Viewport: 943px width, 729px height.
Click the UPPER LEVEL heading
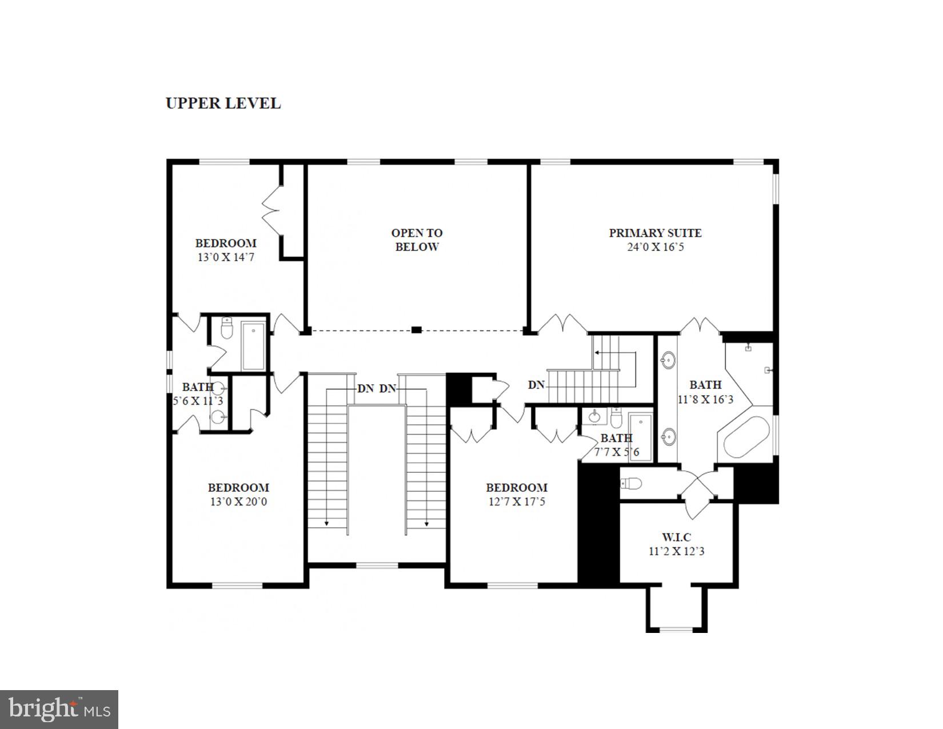tap(223, 103)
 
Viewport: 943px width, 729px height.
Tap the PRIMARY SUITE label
tap(655, 233)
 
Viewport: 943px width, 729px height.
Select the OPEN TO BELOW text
tap(417, 240)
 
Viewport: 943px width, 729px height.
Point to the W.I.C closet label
tap(677, 537)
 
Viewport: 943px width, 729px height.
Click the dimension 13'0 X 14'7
tap(226, 258)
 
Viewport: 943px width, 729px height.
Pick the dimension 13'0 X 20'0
tap(238, 503)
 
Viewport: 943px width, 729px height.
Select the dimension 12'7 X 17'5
tap(517, 503)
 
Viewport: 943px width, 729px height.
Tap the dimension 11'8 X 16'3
tap(705, 400)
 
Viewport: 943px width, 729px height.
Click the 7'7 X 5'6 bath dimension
tap(617, 453)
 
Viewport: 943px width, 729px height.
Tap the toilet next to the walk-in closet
tap(632, 484)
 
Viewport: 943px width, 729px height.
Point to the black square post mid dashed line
tap(417, 330)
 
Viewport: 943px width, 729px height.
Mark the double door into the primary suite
tap(563, 324)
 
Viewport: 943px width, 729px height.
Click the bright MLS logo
tap(59, 710)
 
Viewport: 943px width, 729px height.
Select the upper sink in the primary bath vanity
tap(668, 361)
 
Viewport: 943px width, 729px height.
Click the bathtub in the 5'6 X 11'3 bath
tap(253, 346)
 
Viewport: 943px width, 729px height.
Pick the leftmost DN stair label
tap(365, 389)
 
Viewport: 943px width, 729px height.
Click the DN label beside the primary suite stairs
tap(536, 385)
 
